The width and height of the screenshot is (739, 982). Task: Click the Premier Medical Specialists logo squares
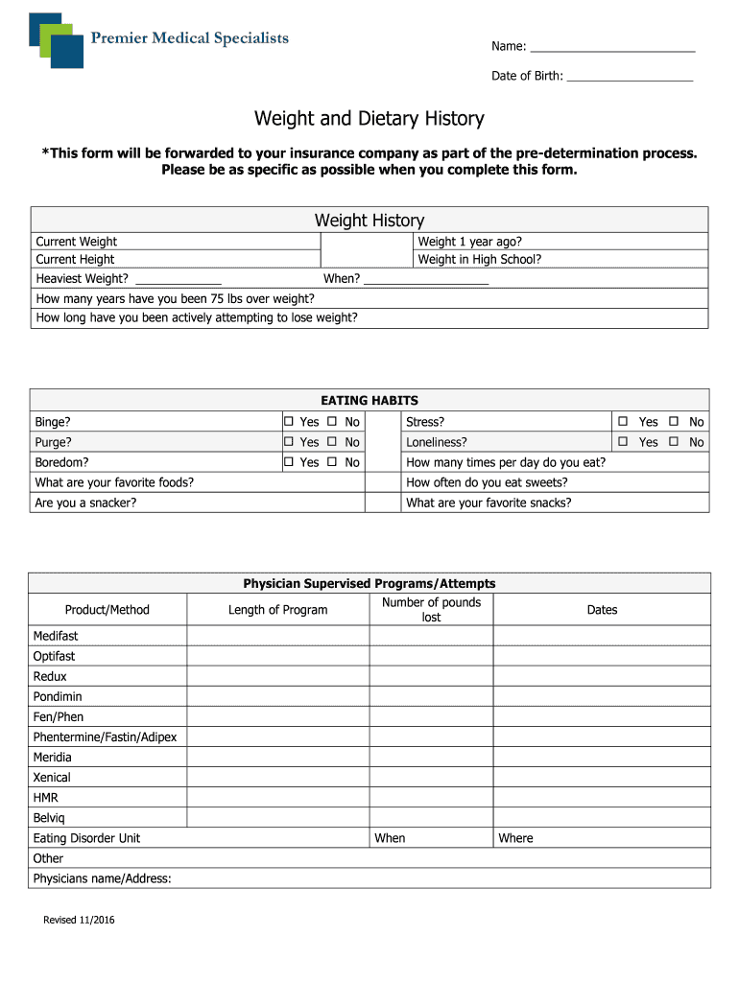[x=57, y=39]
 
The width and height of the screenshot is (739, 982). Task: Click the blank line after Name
[x=612, y=47]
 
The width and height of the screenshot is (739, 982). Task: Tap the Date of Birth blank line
[x=630, y=76]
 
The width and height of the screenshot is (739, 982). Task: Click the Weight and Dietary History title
[x=369, y=119]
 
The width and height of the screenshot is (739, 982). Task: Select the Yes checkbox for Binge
[x=287, y=422]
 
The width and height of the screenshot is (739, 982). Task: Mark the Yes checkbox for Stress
[x=623, y=422]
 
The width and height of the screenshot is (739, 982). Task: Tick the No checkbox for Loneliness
[x=674, y=442]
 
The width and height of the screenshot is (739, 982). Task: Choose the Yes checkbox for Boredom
[x=287, y=462]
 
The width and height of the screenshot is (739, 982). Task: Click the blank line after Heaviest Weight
[x=179, y=279]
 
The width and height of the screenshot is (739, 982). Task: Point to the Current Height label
[x=75, y=259]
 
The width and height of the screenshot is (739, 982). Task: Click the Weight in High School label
[x=480, y=259]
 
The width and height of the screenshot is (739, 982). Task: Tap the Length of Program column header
[x=277, y=610]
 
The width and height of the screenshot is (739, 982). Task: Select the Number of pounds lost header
[x=431, y=610]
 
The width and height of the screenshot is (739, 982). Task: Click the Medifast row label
[x=56, y=636]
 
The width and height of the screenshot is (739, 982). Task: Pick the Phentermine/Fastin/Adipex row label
[x=105, y=736]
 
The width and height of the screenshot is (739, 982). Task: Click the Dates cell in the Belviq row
[x=602, y=817]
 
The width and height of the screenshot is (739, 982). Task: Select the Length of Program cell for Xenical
[x=277, y=777]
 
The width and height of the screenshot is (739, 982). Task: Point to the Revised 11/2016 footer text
[x=79, y=921]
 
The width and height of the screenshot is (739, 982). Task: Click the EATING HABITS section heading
[x=369, y=400]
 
